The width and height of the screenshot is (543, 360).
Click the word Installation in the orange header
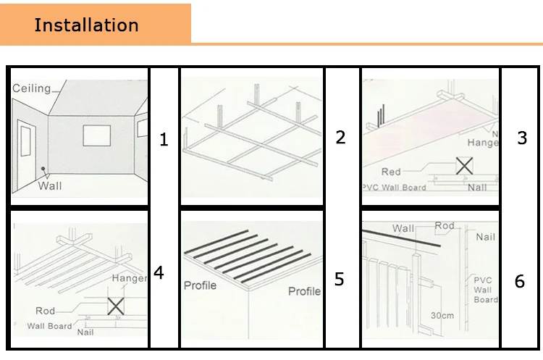[86, 25]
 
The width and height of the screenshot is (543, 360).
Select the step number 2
[340, 137]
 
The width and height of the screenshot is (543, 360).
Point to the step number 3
[522, 138]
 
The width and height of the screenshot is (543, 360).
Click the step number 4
[159, 273]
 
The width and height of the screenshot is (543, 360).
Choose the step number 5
[340, 279]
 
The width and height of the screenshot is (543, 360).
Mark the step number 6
[519, 281]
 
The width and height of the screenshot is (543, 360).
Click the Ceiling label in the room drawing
[32, 88]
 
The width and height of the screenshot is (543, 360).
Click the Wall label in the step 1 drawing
[50, 185]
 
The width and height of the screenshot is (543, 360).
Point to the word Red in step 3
[391, 172]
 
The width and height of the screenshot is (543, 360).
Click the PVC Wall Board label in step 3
[395, 187]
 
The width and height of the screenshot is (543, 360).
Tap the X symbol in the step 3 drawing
[464, 166]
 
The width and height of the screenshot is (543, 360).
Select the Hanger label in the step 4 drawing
[129, 278]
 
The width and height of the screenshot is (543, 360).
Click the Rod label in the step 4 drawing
[45, 311]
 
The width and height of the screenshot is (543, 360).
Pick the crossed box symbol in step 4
[116, 306]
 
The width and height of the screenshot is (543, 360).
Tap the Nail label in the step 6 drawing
[485, 237]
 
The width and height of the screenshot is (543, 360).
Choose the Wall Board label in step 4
[49, 326]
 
